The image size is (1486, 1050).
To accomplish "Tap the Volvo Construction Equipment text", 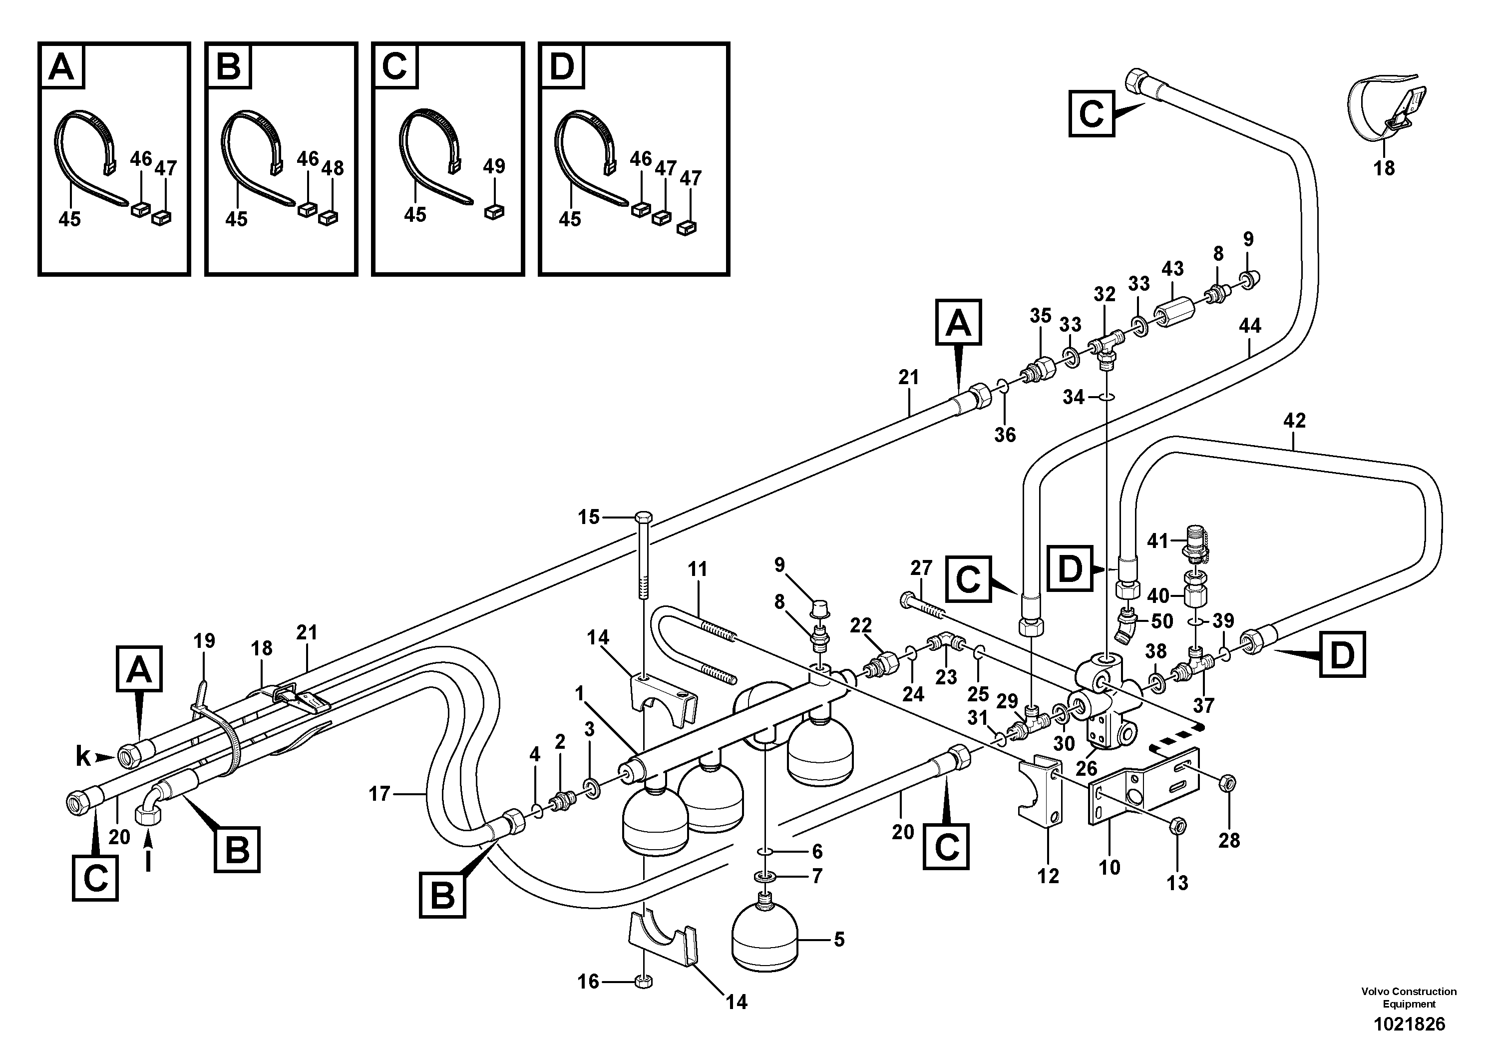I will [1408, 998].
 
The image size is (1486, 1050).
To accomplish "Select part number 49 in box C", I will [494, 166].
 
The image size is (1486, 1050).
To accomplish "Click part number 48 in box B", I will [333, 168].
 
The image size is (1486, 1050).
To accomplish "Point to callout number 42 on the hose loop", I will [1294, 421].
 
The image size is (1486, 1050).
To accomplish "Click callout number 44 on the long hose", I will [1250, 326].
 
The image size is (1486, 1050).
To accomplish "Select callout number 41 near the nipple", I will [1158, 540].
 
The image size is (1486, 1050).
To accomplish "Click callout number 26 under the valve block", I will [1086, 768].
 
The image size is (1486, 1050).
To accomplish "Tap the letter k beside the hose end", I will [83, 756].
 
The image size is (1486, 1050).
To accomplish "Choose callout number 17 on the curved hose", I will [380, 793].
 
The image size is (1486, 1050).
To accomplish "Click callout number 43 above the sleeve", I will [1172, 269].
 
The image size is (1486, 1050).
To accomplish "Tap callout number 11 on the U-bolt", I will [698, 569].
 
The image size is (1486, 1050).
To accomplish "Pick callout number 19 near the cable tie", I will [204, 641].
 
